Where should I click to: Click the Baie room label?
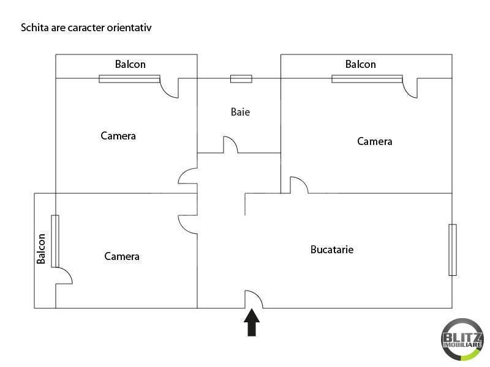[240, 112]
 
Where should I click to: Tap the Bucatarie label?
[332, 250]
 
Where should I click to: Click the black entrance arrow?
[252, 322]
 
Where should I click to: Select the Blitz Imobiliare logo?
[462, 339]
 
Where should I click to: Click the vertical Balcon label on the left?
[41, 249]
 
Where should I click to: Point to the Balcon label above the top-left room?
[130, 64]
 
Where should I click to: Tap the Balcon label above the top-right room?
[361, 64]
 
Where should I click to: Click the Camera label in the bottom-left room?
[122, 256]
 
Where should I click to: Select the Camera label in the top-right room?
[375, 141]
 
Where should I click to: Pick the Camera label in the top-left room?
[118, 136]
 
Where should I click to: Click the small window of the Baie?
[241, 79]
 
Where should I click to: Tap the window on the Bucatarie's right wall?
[453, 250]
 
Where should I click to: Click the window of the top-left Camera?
[129, 79]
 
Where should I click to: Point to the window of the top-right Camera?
[367, 79]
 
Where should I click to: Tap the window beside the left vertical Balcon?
[55, 241]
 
